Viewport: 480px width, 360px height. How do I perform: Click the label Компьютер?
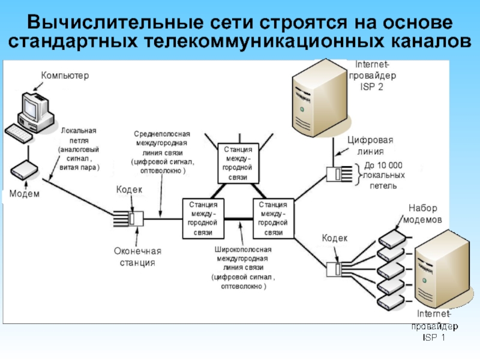pyautogui.click(x=65, y=76)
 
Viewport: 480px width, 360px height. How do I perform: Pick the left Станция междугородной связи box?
pyautogui.click(x=203, y=218)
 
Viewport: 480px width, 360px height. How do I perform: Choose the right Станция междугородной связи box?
pyautogui.click(x=274, y=218)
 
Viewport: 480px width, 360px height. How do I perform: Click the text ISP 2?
pyautogui.click(x=371, y=86)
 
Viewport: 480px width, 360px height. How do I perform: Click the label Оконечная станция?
pyautogui.click(x=138, y=257)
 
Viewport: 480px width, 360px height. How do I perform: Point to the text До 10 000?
pyautogui.click(x=383, y=165)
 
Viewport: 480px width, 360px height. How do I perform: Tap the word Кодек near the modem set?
pyautogui.click(x=335, y=238)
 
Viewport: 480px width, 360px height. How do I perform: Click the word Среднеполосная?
pyautogui.click(x=161, y=134)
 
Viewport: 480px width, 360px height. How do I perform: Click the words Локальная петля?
pyautogui.click(x=79, y=134)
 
